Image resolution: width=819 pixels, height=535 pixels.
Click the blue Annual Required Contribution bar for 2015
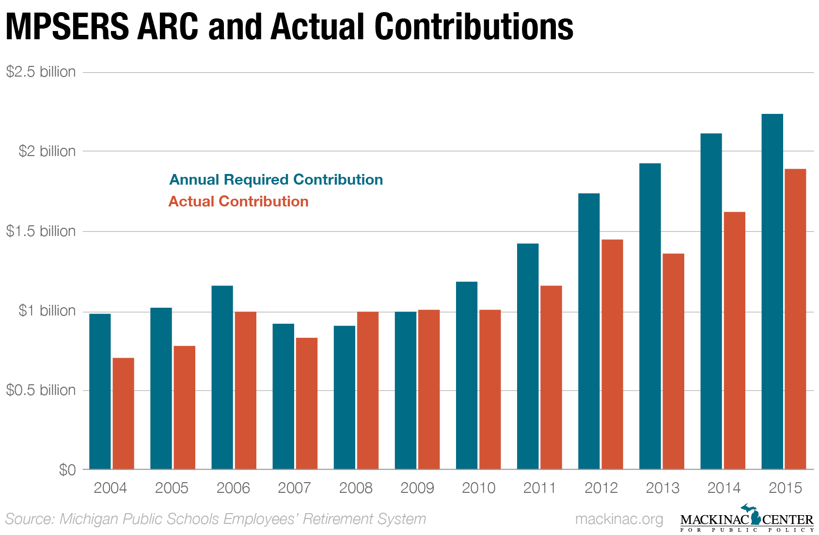click(772, 291)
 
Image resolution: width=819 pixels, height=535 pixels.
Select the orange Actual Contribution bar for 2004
click(123, 413)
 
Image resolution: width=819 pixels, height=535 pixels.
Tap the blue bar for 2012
click(589, 331)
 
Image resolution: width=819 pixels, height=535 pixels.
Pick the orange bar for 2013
click(673, 361)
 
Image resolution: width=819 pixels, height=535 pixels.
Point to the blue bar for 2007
click(283, 396)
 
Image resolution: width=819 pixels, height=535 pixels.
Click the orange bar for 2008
click(368, 390)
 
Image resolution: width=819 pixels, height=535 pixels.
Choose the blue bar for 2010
click(466, 375)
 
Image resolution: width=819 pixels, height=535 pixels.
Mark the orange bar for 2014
click(734, 340)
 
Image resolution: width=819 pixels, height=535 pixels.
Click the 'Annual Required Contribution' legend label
click(276, 180)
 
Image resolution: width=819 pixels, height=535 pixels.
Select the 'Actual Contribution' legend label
click(238, 202)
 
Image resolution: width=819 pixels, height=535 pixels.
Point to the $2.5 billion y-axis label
click(41, 72)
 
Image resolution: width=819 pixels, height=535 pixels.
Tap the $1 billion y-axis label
click(47, 311)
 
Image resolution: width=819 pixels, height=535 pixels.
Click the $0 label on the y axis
click(67, 470)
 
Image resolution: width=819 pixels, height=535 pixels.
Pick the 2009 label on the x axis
click(417, 488)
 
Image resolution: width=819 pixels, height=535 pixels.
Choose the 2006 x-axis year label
click(233, 488)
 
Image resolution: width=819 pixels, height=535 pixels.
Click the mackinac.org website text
click(619, 519)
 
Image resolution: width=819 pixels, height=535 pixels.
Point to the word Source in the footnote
click(28, 519)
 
